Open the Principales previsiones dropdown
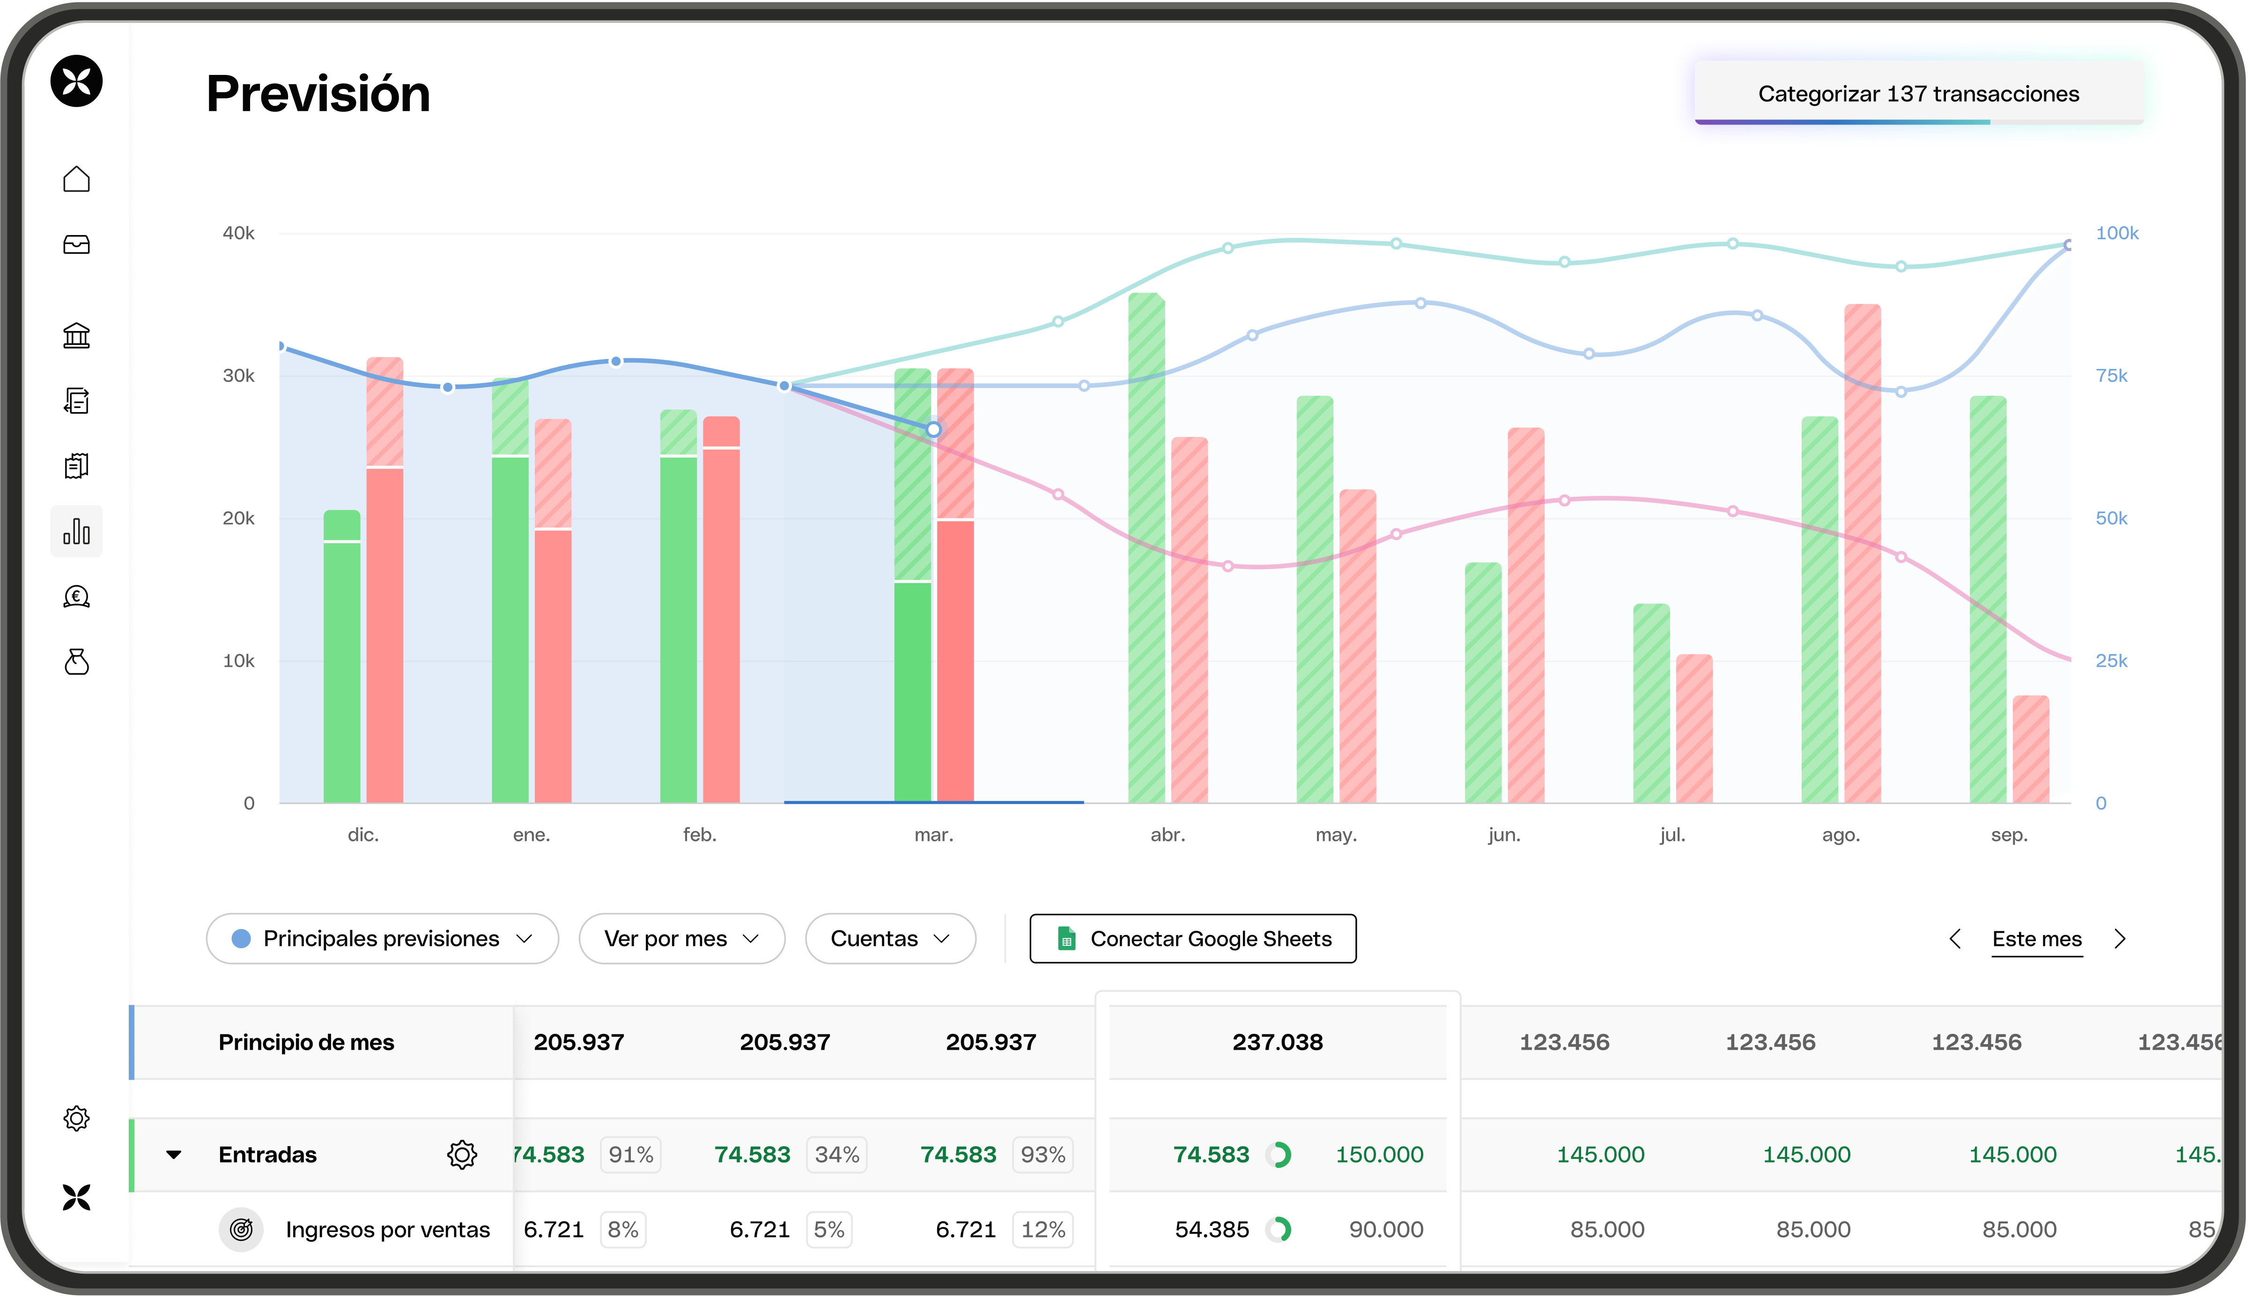(382, 938)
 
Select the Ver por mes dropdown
(681, 938)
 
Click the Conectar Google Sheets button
(1193, 938)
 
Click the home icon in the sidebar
(76, 179)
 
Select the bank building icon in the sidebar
(76, 336)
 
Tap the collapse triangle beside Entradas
(174, 1155)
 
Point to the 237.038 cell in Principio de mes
(1278, 1042)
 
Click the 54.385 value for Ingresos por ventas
(1212, 1229)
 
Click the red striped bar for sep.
(2031, 750)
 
